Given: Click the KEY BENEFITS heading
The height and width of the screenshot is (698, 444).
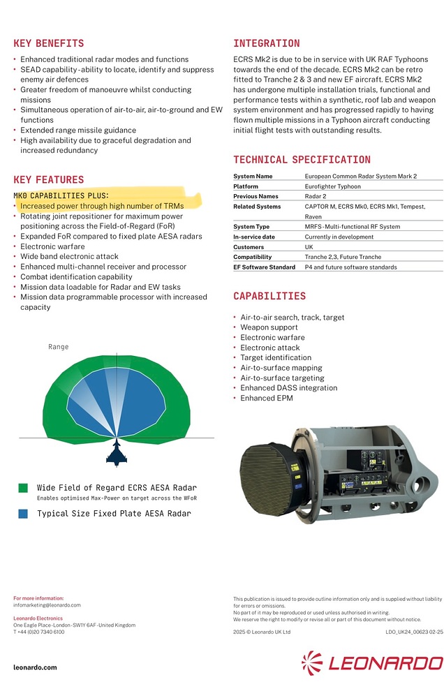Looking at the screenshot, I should tap(49, 43).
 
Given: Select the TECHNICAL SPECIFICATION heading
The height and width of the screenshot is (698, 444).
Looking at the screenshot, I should tap(302, 160).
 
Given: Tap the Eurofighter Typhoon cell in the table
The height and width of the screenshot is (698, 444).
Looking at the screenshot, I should tap(332, 186).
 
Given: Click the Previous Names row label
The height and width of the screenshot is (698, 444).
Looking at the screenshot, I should tap(256, 197).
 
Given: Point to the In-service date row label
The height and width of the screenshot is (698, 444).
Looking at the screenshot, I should tap(255, 237).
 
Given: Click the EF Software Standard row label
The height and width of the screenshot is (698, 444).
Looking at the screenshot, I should tap(264, 267).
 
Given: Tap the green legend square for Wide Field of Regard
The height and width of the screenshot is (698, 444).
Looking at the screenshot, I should tap(23, 488).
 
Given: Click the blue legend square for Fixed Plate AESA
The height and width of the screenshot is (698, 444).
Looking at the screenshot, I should tap(23, 514).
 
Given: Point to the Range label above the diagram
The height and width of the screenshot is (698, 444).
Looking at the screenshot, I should tap(59, 347).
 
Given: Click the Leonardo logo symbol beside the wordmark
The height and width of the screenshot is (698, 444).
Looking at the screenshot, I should tap(312, 662).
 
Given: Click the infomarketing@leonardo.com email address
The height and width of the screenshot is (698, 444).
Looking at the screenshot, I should tap(47, 605).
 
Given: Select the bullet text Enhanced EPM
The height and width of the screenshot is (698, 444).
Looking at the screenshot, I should tap(267, 398).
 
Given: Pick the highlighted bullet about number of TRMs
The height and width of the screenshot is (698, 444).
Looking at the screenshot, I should tap(102, 206).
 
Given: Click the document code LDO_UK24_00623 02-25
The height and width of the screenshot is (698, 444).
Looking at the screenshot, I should tap(413, 632).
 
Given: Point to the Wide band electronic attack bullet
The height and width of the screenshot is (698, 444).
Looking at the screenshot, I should tap(69, 257).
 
